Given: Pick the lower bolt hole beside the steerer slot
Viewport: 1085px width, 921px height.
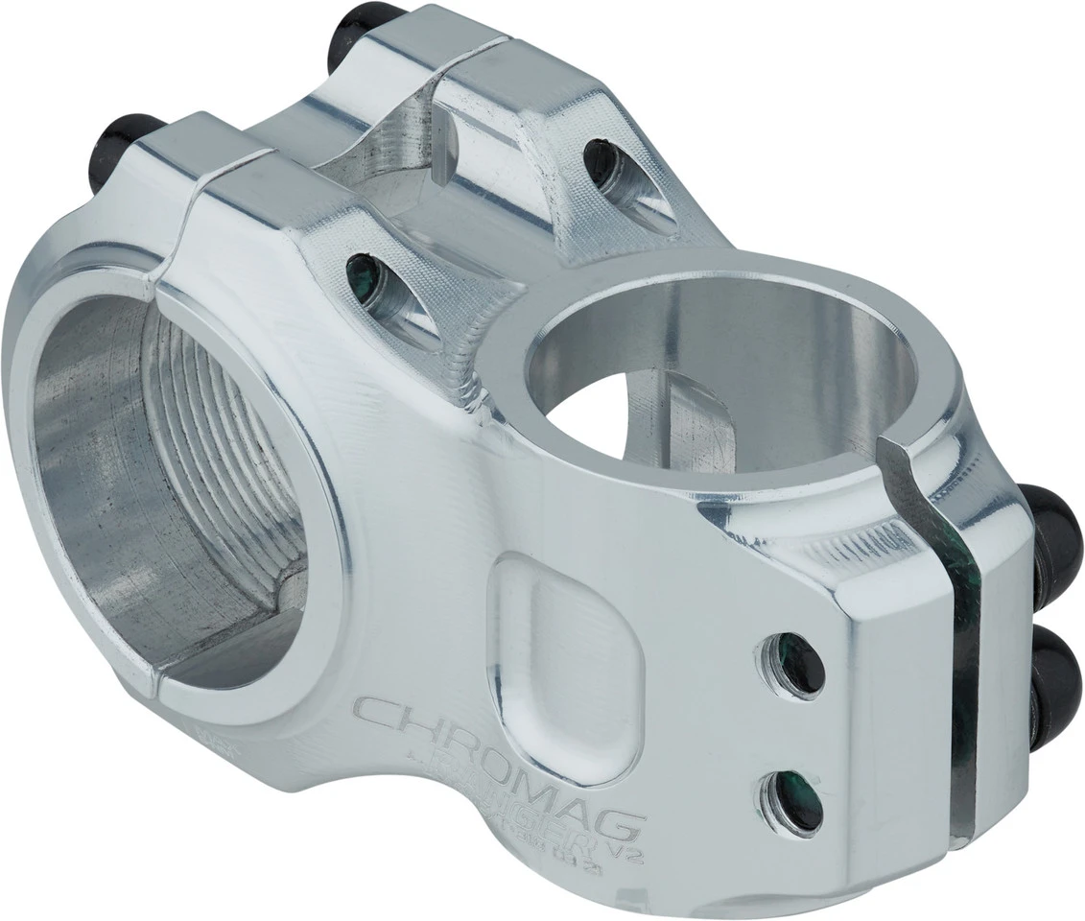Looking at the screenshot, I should (x=793, y=802).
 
